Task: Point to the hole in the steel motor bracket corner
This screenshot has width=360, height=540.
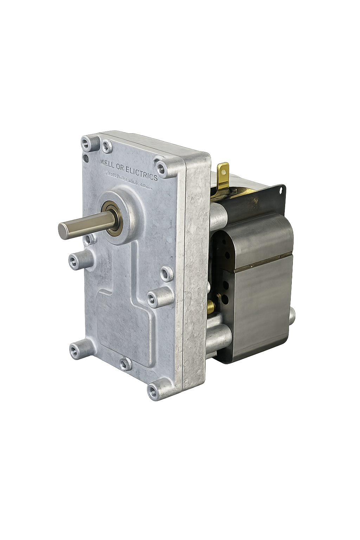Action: (x=281, y=190)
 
